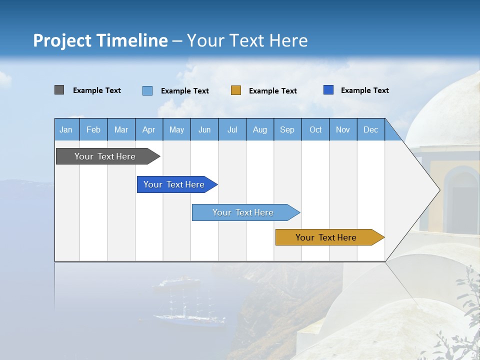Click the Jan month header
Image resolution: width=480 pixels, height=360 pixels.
(66, 129)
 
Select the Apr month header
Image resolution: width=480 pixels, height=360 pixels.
(148, 129)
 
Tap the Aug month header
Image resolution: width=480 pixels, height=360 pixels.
(259, 129)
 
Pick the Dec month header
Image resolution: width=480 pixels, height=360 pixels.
(370, 129)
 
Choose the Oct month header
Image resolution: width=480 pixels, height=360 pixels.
(315, 129)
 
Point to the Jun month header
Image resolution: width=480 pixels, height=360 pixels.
(204, 129)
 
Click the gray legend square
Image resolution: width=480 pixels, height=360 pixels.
(59, 90)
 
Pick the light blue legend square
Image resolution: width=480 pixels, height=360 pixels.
(147, 90)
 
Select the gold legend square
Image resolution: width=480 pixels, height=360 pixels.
(236, 90)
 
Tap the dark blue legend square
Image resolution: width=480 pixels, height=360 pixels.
(328, 90)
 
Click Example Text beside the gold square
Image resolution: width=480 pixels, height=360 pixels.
(272, 90)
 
